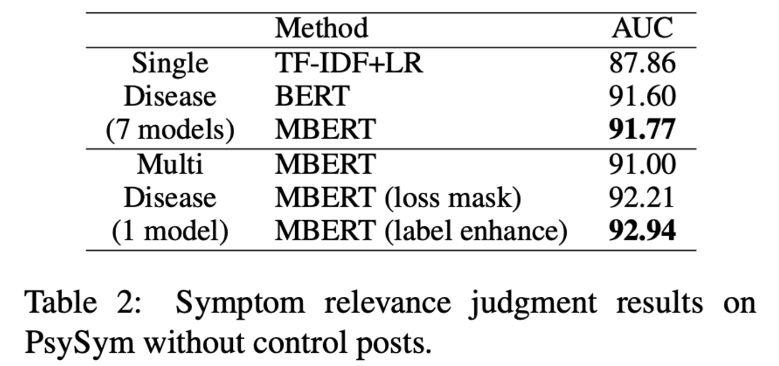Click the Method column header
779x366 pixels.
[321, 28]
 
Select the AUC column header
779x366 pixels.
[642, 28]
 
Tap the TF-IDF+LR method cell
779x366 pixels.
[349, 63]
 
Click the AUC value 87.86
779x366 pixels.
[642, 63]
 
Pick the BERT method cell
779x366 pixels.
[312, 96]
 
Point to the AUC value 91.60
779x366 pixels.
[642, 96]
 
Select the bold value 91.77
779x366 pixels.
[642, 129]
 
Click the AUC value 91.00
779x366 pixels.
[642, 164]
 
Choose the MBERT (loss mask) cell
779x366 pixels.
[398, 198]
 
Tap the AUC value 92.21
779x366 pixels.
[642, 197]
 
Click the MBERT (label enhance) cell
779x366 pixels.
[421, 231]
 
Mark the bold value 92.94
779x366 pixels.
[642, 230]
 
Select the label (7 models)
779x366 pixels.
[170, 130]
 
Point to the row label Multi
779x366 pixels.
[170, 164]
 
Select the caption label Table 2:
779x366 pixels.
[83, 303]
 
